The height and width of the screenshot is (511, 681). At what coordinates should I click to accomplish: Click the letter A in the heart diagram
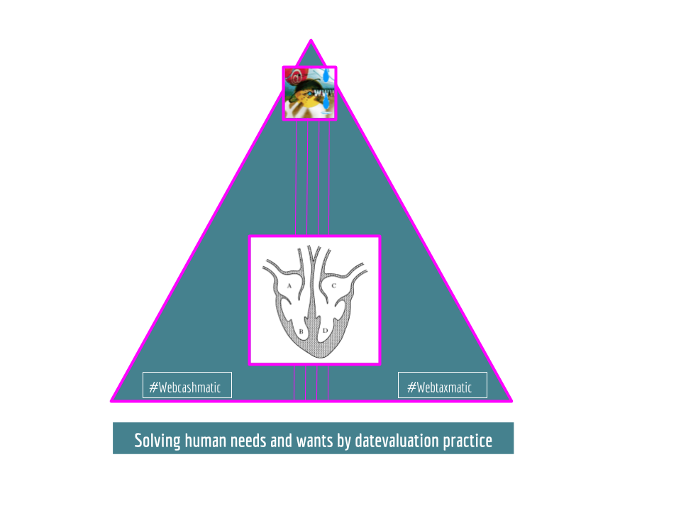(289, 285)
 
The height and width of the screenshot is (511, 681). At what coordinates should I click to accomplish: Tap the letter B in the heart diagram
(301, 331)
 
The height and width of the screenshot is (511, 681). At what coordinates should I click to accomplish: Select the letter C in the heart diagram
(333, 285)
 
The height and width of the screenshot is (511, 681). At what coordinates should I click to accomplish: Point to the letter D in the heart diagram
(325, 331)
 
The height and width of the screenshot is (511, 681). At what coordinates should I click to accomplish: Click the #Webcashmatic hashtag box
(187, 385)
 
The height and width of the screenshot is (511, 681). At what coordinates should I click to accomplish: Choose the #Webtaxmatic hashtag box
(442, 385)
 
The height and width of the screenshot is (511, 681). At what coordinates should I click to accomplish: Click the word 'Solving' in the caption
(157, 441)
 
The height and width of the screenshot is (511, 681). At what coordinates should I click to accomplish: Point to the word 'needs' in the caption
(252, 441)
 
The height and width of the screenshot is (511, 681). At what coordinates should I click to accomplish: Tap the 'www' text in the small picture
(324, 92)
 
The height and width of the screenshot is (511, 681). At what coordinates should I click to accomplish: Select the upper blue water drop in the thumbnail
(326, 75)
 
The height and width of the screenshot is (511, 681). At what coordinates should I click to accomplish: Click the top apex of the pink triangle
(311, 40)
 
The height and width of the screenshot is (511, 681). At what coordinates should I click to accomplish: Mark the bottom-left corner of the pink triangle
(111, 401)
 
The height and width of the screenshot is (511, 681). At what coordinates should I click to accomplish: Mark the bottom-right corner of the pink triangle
(511, 401)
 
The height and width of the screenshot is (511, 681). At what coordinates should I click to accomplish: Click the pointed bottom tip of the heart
(314, 357)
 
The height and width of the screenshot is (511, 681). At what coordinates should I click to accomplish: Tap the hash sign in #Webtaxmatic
(411, 387)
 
